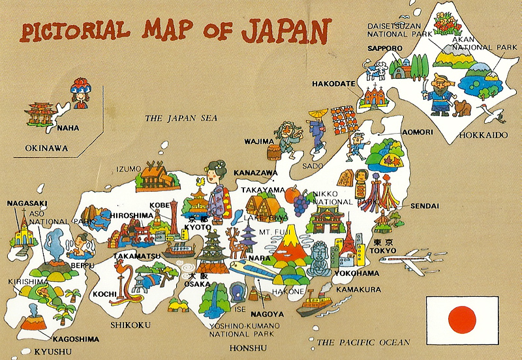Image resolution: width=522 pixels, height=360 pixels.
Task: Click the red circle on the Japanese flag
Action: (x=463, y=318)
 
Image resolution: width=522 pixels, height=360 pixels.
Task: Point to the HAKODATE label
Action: (x=333, y=84)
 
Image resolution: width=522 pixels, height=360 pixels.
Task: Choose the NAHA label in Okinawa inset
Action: (x=68, y=128)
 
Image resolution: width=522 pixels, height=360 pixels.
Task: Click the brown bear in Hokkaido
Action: (x=463, y=108)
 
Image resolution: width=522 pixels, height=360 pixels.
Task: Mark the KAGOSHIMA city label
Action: (x=76, y=338)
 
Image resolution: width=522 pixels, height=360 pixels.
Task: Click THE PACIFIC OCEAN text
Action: (x=363, y=342)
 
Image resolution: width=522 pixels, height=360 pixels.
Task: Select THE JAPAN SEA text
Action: (x=181, y=118)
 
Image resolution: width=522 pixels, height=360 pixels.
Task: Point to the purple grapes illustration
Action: (x=300, y=203)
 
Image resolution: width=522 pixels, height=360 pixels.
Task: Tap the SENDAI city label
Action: (x=425, y=206)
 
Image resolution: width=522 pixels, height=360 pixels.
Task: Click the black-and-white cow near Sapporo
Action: (x=376, y=70)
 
